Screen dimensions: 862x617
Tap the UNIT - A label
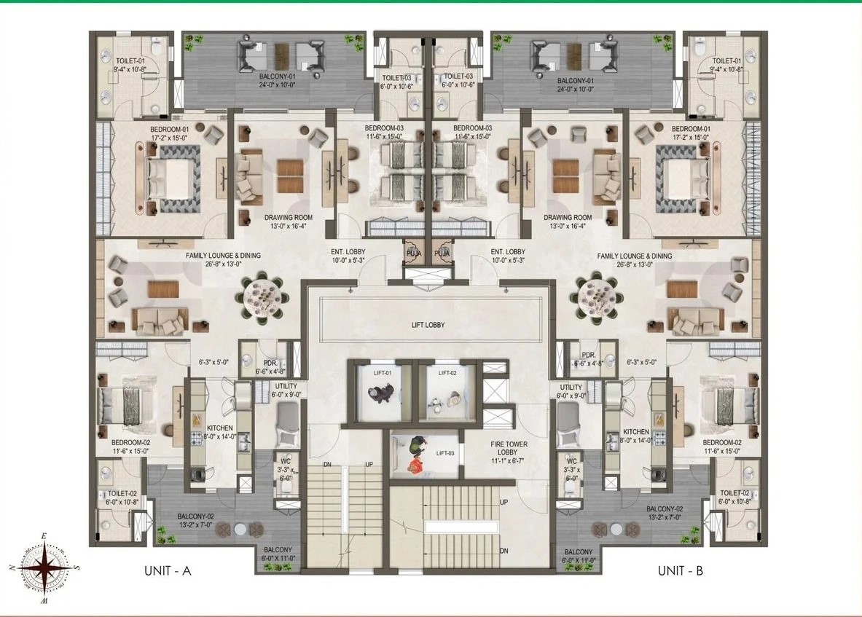[x=168, y=571]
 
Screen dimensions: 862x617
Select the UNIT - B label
[x=681, y=571]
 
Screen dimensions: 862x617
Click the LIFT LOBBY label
[x=428, y=325]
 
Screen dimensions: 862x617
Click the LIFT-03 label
[x=445, y=453]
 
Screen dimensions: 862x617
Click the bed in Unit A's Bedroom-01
[x=168, y=178]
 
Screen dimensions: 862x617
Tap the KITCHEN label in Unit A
[x=220, y=428]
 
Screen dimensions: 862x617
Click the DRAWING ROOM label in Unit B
[x=568, y=217]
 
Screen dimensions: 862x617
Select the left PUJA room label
[x=413, y=253]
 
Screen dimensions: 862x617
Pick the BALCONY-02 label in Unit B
[x=665, y=508]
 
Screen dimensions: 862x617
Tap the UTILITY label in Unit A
[x=286, y=386]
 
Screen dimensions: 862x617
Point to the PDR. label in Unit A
[x=270, y=363]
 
